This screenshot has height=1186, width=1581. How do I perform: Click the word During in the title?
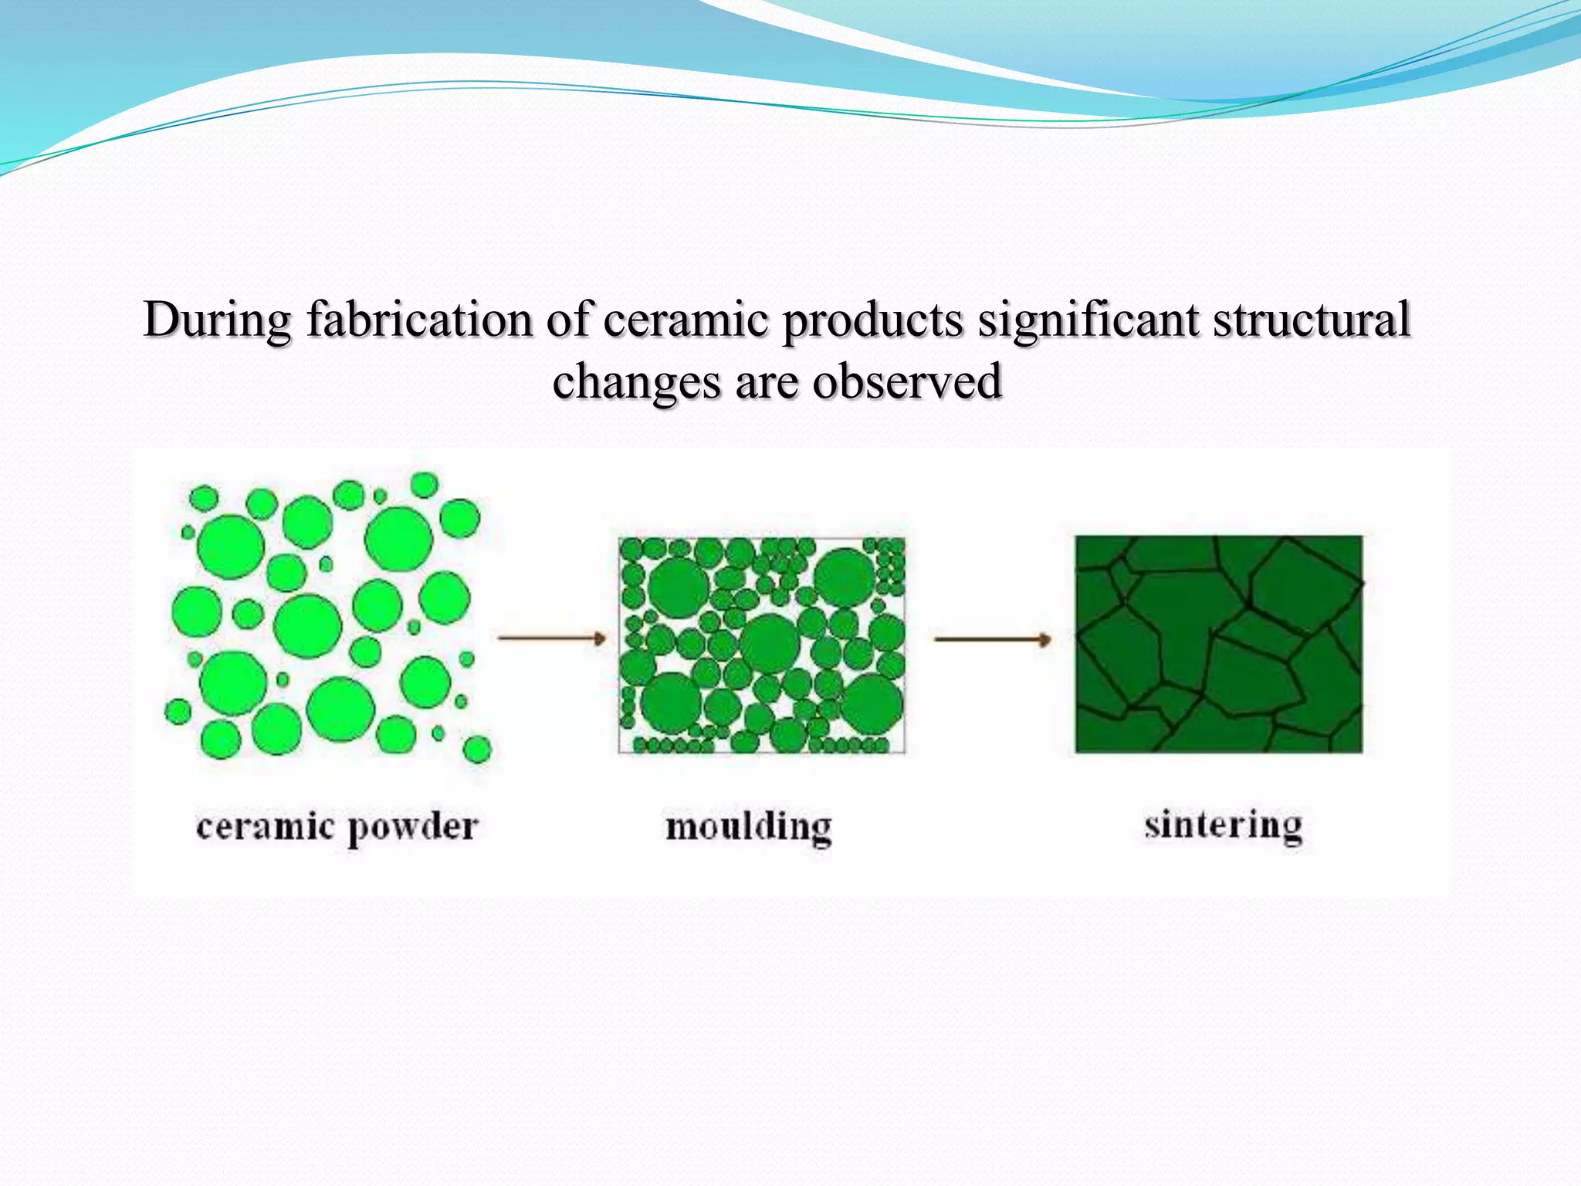(x=217, y=320)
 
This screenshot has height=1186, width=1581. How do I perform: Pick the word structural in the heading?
(x=1312, y=320)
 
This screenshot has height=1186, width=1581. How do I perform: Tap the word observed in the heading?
(x=907, y=381)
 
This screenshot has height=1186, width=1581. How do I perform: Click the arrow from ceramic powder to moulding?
(x=551, y=638)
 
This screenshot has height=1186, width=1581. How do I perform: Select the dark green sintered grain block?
(x=1218, y=644)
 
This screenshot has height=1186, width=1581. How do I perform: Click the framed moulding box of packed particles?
(x=761, y=645)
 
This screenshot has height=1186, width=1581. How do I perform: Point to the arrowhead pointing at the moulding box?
(x=598, y=638)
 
